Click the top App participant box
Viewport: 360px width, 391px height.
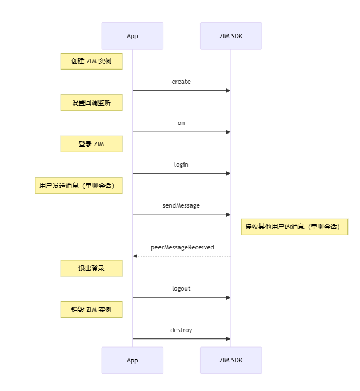point(133,36)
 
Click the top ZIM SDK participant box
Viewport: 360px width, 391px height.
point(231,36)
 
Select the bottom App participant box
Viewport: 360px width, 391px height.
point(133,360)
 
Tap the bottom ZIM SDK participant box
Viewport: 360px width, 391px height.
point(231,360)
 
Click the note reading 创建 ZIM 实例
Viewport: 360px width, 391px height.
point(91,61)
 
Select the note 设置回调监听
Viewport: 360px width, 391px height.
point(91,103)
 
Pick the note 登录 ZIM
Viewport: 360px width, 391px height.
point(91,144)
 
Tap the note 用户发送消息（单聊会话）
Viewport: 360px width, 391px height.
point(79,186)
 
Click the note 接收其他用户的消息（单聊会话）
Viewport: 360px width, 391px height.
point(294,227)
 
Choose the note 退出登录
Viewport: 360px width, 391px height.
point(91,268)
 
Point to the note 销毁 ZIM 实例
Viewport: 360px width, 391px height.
point(91,309)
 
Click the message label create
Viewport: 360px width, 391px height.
point(181,82)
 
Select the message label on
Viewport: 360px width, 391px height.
point(181,123)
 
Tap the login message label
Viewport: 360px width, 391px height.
point(181,164)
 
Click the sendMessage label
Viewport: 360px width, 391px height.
point(181,205)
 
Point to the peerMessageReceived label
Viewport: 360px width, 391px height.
point(182,247)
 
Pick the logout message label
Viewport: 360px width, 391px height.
point(181,288)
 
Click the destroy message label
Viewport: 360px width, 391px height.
point(181,330)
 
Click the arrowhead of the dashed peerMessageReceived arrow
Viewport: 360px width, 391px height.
point(135,256)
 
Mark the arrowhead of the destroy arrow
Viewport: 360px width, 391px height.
point(229,339)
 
